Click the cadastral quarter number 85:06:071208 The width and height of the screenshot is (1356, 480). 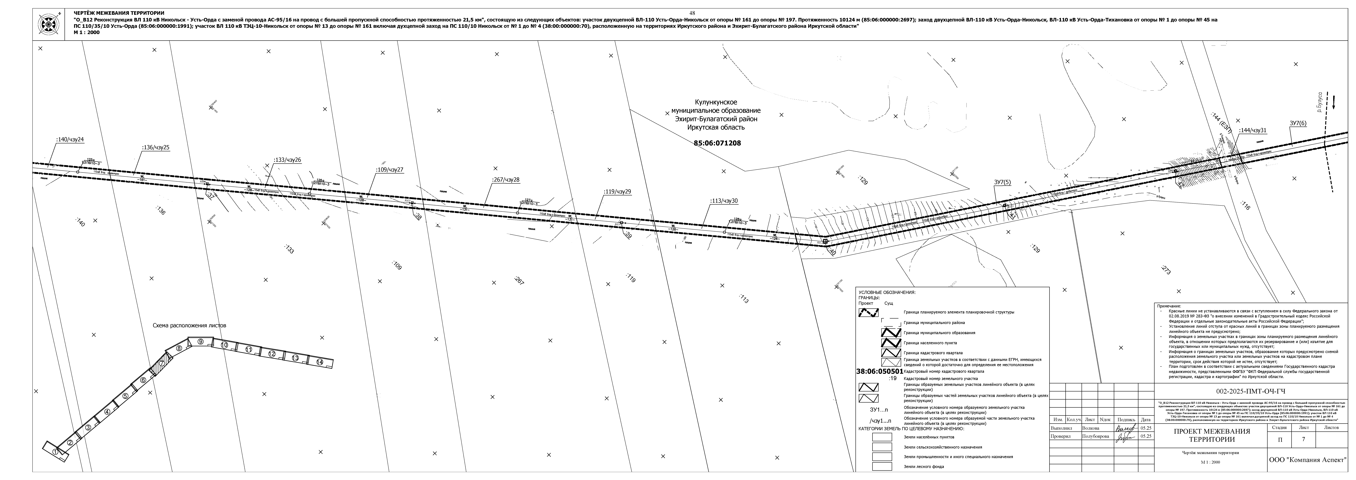(717, 143)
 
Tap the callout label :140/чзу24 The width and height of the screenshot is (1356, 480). (70, 140)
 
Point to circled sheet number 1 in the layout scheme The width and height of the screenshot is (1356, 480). (56, 452)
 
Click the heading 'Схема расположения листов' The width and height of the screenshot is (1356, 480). (189, 326)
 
